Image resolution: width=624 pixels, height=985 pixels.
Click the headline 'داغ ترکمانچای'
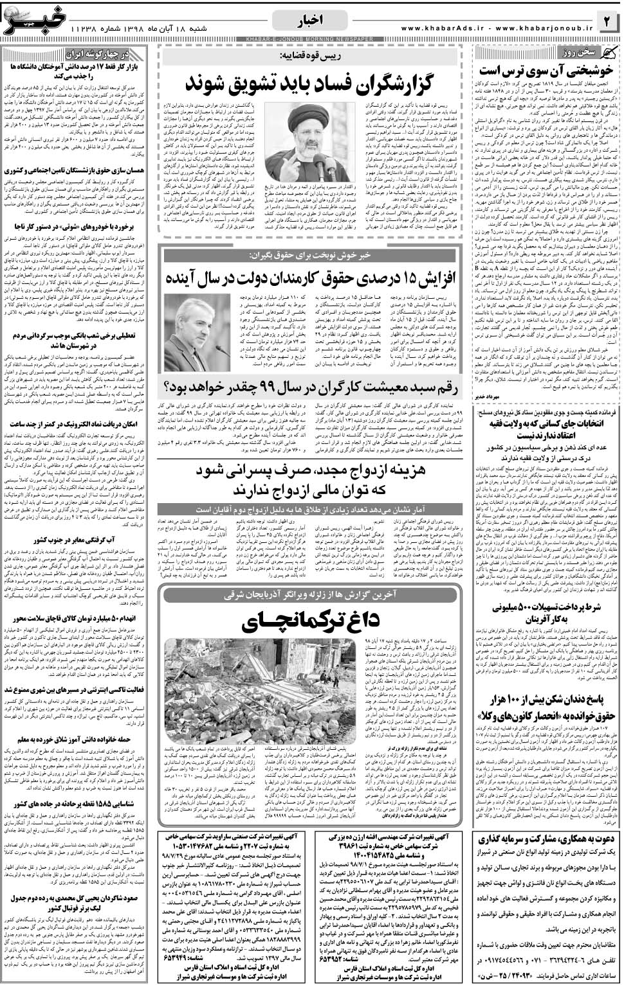312,621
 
